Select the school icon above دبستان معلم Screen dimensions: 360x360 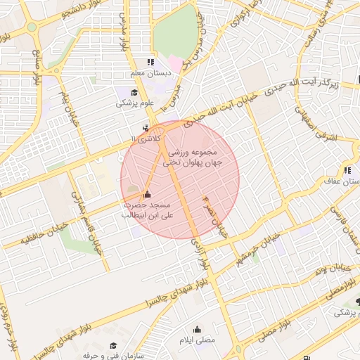149,63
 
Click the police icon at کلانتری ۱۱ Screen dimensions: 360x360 146,128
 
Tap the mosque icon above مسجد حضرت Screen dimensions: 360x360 146,195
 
